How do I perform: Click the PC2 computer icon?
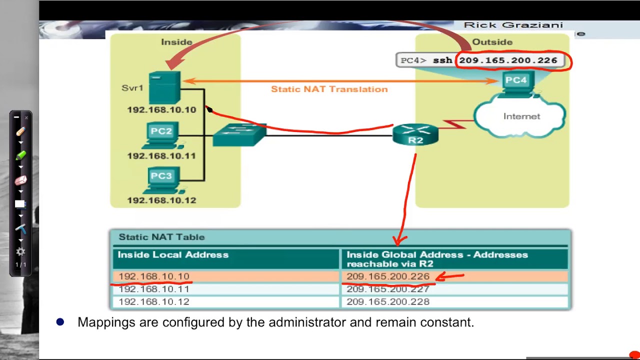click(161, 135)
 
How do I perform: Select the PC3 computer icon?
click(161, 180)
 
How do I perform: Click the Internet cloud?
click(521, 117)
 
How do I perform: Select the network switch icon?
click(239, 133)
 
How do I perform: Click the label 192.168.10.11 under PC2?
click(161, 156)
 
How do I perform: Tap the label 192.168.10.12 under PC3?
click(161, 200)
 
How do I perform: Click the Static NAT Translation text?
click(329, 89)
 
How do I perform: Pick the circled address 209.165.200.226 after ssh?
click(508, 60)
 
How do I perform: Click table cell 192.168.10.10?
click(154, 276)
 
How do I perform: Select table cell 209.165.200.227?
click(388, 289)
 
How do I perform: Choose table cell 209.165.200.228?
click(388, 302)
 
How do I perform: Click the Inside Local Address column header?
click(173, 255)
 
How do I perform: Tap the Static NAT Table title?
click(161, 237)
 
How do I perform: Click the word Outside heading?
click(492, 42)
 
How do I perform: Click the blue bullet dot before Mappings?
click(60, 322)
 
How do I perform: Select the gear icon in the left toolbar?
click(20, 252)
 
